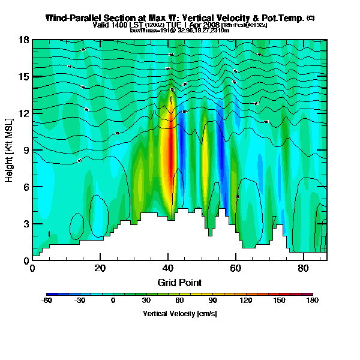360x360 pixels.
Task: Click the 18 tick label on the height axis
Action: pos(23,40)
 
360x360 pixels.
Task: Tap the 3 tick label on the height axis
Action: pos(26,224)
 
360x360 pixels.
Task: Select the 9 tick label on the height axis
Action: pos(26,150)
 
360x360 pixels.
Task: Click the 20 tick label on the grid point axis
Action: pos(100,268)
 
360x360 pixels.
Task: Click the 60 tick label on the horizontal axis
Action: pos(236,268)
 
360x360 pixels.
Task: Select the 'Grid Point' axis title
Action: pos(179,282)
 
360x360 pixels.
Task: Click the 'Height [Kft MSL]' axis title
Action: pos(10,150)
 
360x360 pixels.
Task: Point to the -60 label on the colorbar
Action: pos(46,301)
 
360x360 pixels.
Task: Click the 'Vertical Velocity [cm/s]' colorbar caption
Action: pos(179,313)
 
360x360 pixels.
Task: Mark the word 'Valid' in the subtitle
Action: pos(101,25)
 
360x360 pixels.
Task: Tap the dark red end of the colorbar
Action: pos(308,295)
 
